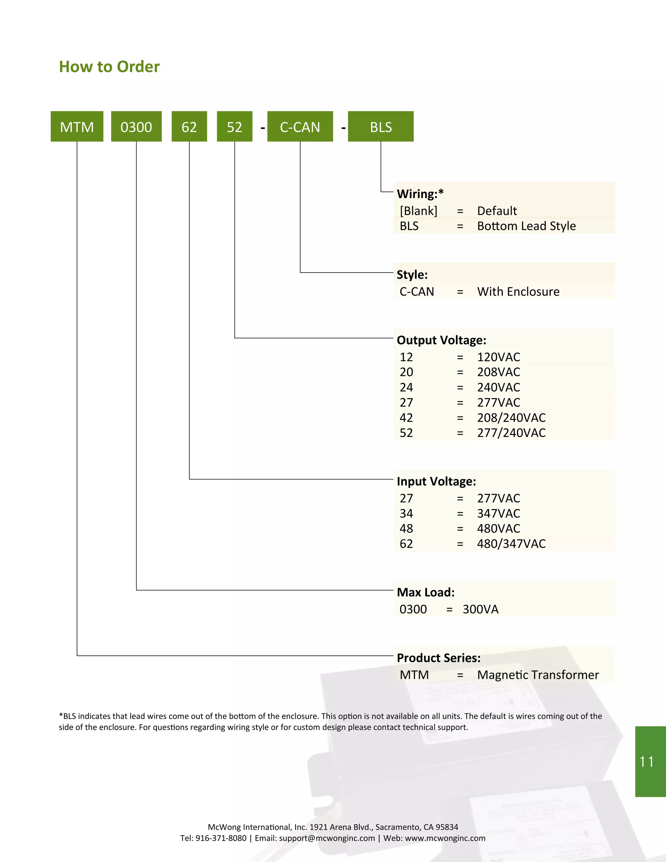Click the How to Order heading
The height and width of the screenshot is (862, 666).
(109, 67)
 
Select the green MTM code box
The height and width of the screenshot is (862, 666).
(77, 127)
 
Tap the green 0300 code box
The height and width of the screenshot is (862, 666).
(136, 127)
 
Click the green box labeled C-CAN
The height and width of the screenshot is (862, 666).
(300, 127)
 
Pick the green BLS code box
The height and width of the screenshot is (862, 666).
(381, 127)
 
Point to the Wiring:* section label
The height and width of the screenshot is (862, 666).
(420, 194)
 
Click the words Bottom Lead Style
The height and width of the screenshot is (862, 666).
(526, 226)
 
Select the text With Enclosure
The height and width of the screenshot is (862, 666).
(518, 292)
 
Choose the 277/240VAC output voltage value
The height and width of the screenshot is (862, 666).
(511, 433)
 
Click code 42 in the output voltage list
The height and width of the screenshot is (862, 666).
(406, 418)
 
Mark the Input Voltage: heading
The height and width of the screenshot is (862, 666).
(436, 481)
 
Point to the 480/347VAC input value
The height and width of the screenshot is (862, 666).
(511, 544)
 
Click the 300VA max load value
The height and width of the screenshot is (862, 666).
(481, 609)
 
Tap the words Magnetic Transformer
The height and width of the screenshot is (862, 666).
(538, 675)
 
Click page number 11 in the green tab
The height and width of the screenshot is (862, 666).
(647, 762)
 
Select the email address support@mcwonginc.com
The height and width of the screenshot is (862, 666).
(327, 838)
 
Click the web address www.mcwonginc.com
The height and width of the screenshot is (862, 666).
(445, 838)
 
